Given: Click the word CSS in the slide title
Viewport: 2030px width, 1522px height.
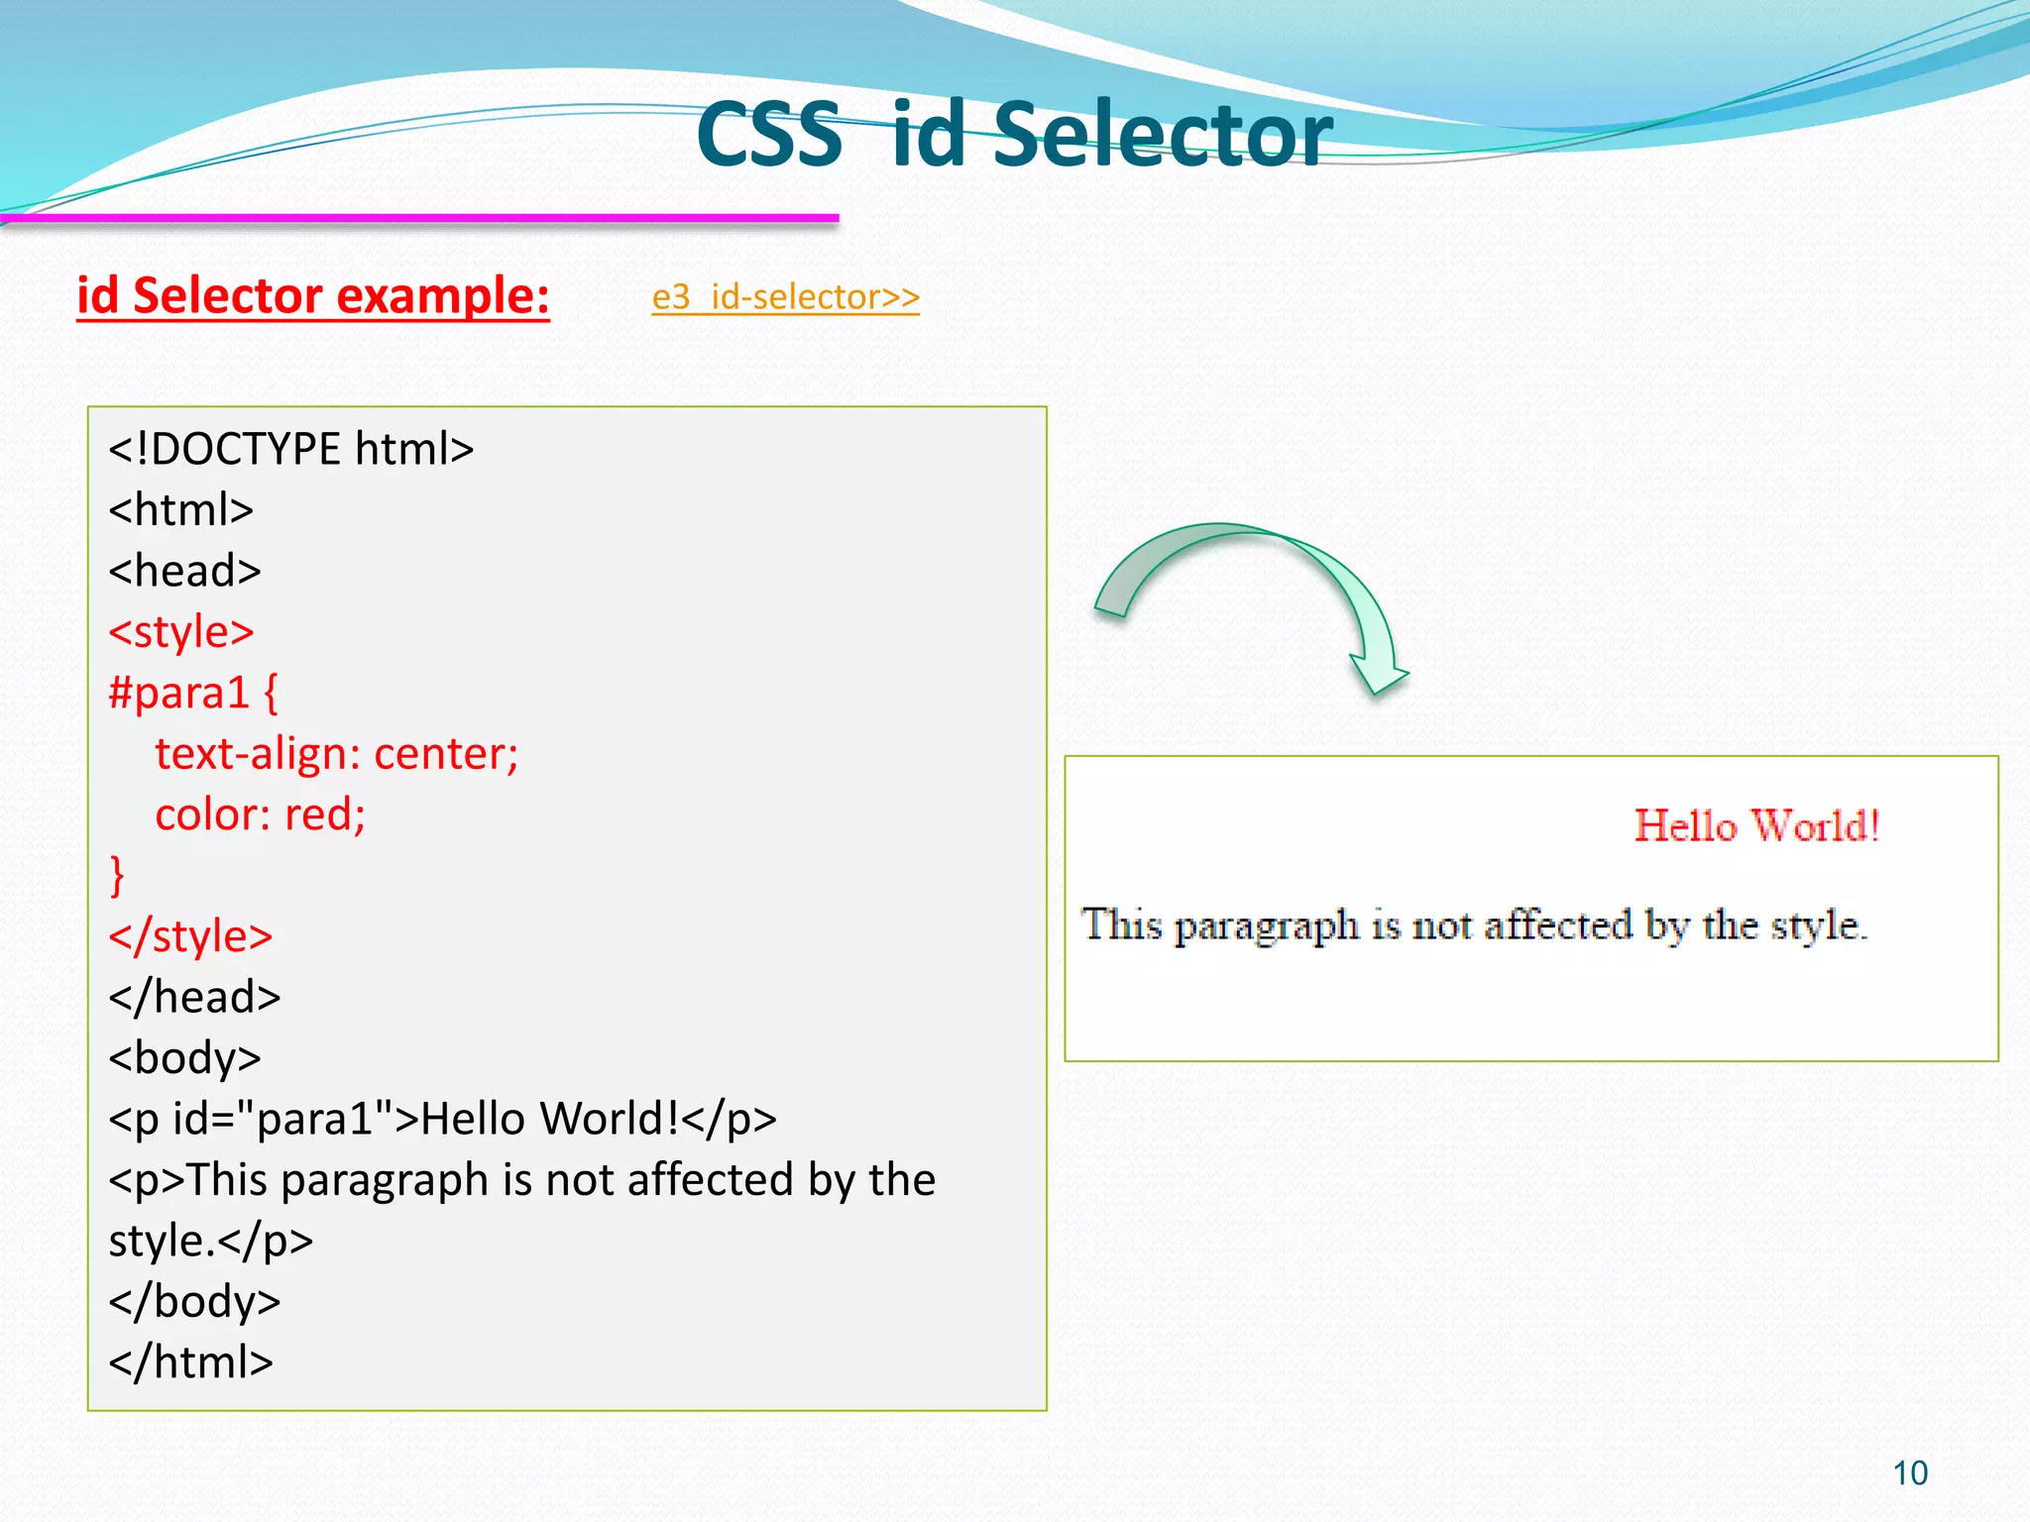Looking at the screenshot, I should click(769, 135).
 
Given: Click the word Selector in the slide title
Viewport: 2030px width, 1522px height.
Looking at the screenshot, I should click(1162, 135).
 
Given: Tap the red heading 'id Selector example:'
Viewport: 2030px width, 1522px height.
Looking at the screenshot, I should click(313, 296).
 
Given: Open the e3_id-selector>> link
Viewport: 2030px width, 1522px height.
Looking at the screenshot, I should click(785, 297).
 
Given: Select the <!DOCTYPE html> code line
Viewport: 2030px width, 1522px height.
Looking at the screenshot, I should click(291, 449).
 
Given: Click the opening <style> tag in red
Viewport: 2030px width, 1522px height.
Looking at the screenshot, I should click(181, 632).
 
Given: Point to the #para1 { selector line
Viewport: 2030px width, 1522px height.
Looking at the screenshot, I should click(194, 693).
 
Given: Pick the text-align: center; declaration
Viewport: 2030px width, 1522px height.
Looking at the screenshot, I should click(337, 754).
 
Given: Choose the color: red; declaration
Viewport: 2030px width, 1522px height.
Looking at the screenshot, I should click(261, 815).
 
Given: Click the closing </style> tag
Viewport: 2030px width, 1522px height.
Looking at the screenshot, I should click(190, 936).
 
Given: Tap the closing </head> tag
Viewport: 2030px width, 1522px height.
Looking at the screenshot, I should click(194, 997).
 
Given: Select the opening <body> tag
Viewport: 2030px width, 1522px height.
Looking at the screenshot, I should click(185, 1058).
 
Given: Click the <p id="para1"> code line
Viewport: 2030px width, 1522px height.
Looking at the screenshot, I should click(442, 1119).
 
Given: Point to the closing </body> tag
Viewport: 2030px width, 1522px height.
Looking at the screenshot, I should click(194, 1301).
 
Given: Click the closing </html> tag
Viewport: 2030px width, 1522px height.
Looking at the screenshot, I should click(190, 1362).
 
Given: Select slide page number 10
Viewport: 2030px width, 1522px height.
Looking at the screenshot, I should click(1910, 1473).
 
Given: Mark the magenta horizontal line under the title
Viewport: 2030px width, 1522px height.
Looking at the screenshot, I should click(420, 218).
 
